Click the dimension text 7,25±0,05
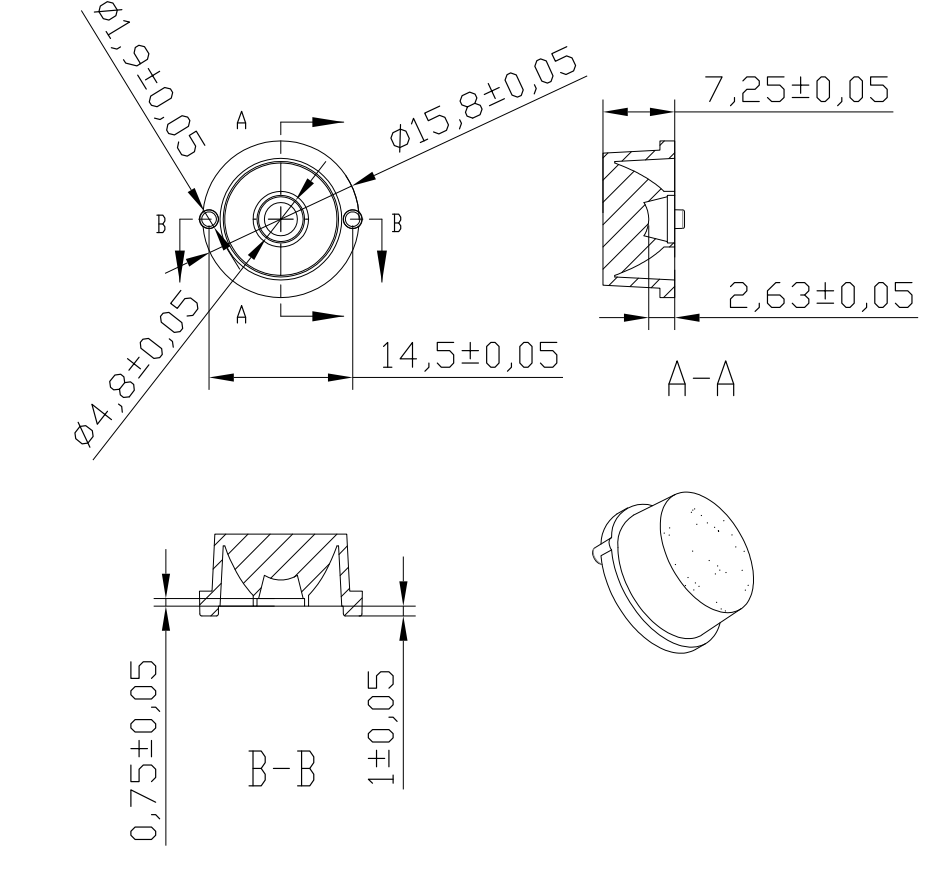[797, 89]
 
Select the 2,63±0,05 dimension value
[821, 295]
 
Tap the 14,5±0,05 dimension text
[469, 355]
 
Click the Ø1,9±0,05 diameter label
[151, 78]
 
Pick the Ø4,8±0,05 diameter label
[136, 369]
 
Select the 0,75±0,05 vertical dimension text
[144, 750]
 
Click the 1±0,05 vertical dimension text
[381, 727]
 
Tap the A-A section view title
[701, 379]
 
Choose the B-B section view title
[282, 768]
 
